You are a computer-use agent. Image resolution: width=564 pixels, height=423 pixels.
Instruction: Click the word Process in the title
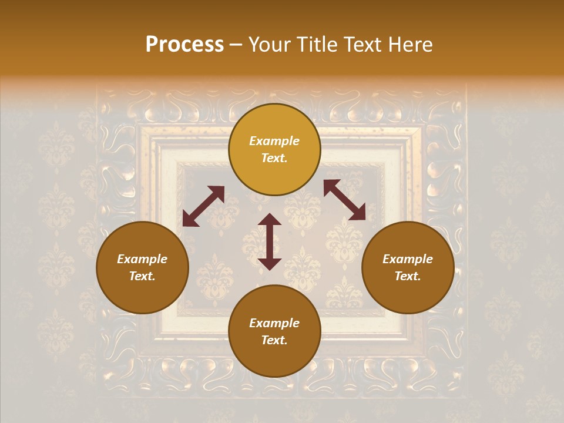[x=184, y=45]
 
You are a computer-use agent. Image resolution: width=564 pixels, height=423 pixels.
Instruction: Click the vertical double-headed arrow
[x=270, y=241]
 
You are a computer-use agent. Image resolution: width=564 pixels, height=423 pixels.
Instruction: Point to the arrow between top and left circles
[x=203, y=206]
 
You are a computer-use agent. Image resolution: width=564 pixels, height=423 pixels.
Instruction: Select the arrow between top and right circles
[x=344, y=200]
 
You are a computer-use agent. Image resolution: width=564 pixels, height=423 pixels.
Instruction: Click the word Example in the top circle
[x=274, y=141]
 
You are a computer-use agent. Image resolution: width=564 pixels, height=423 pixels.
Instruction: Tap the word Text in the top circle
[x=273, y=158]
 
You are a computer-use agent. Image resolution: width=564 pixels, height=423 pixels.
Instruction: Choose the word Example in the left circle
[x=142, y=259]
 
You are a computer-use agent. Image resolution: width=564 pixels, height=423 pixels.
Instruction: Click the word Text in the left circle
[x=142, y=276]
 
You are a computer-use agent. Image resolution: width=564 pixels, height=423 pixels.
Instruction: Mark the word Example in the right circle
[x=408, y=259]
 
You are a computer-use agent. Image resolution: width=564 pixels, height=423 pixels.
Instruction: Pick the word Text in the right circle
[x=407, y=276]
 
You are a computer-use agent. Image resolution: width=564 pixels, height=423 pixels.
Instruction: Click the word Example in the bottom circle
[x=274, y=323]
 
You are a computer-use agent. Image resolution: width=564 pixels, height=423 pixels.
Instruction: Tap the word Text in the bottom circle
[x=273, y=340]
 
